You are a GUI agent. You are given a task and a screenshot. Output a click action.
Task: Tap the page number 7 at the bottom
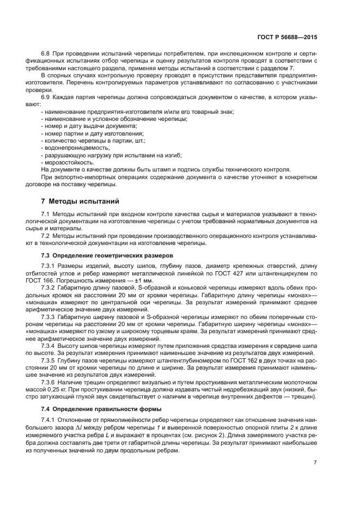pos(315,462)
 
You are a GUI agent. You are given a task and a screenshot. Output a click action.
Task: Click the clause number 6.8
pos(46,55)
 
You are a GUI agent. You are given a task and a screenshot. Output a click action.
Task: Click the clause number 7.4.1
pos(50,420)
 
